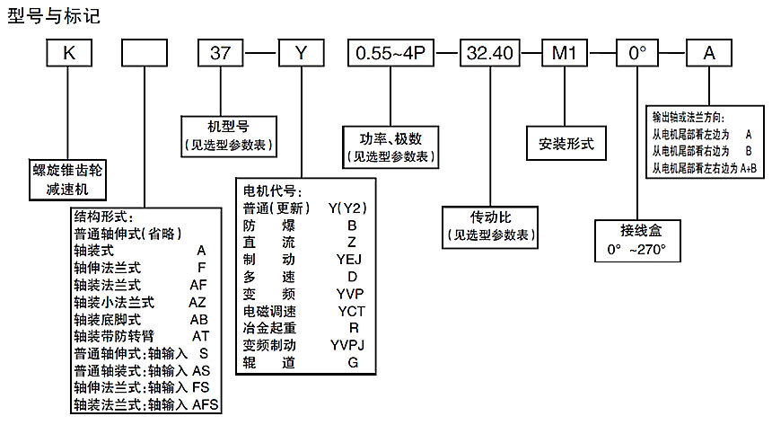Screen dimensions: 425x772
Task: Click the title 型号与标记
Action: tap(54, 17)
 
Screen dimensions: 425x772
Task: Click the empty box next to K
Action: tap(144, 54)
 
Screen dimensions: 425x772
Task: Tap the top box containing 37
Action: tap(221, 54)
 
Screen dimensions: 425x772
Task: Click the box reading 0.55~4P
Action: tap(391, 54)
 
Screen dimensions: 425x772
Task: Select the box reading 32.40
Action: tap(490, 54)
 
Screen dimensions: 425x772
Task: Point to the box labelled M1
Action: tap(563, 54)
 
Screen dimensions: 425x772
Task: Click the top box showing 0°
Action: tap(637, 54)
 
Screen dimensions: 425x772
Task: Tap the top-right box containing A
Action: tap(709, 54)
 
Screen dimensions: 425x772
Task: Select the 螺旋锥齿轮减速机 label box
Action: tap(67, 178)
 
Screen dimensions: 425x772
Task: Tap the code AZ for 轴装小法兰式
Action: tap(198, 301)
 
